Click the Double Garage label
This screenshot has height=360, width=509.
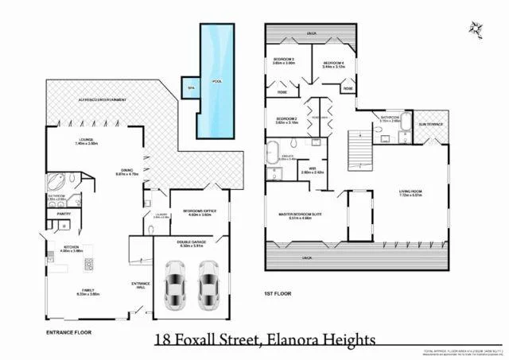click(192, 243)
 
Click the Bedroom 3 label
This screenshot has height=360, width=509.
click(285, 60)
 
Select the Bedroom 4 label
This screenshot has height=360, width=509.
click(332, 64)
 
